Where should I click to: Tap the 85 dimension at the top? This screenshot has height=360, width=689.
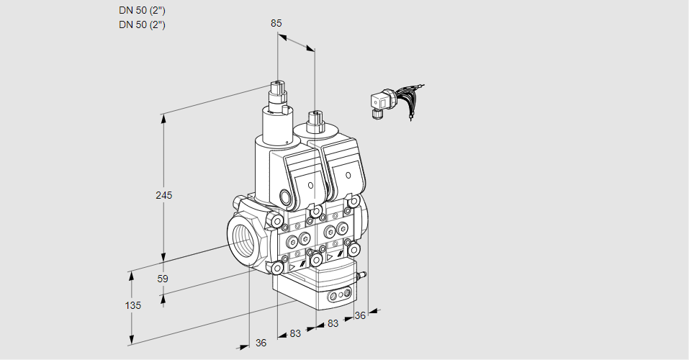coord(276,23)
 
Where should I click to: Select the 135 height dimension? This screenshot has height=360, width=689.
coord(132,305)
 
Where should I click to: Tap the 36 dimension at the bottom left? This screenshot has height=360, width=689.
coord(261,343)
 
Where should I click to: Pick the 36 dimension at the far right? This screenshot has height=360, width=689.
coord(361,315)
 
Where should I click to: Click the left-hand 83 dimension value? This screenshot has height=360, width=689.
coord(295,333)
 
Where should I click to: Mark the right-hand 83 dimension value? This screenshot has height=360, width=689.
coord(333,324)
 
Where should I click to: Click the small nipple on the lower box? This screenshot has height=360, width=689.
coord(364,274)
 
